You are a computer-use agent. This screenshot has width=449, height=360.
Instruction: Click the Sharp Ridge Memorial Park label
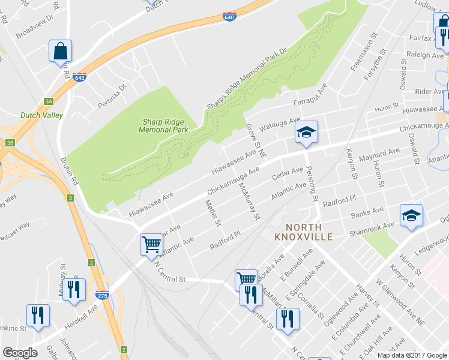coord(163,125)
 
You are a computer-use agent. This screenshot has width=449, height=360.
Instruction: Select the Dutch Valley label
coord(38,115)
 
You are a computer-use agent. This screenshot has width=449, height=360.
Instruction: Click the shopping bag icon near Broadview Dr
coord(61,52)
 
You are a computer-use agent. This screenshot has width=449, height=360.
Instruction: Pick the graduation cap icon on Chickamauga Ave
coord(306,133)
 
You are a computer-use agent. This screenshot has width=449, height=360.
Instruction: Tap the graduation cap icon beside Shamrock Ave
coord(411,217)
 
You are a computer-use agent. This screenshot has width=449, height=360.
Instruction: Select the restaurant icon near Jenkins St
coord(38,316)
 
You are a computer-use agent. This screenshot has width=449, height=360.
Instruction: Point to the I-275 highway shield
coord(101,295)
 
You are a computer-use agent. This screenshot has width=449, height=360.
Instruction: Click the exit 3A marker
coord(49,101)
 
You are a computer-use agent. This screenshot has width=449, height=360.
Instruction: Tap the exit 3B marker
coord(10,143)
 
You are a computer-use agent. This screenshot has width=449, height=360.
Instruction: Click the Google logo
coord(20,353)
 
